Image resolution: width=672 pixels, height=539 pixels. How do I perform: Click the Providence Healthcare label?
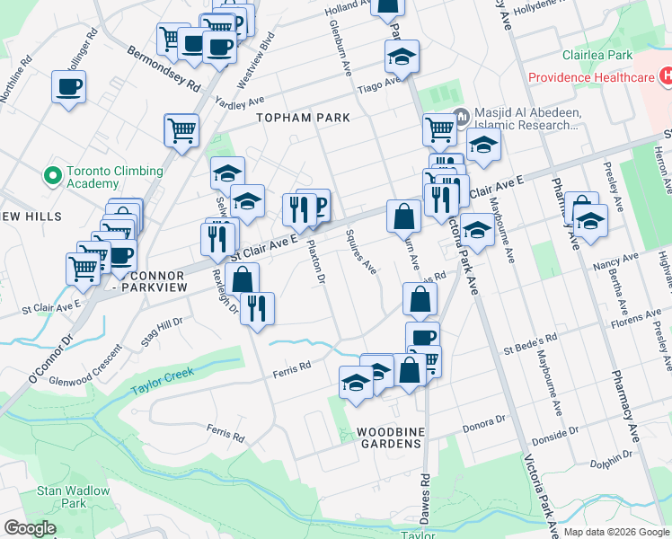(x=590, y=77)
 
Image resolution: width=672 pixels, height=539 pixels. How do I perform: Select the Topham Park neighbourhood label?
(x=289, y=118)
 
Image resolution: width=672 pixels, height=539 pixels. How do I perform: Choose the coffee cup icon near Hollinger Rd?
(x=69, y=87)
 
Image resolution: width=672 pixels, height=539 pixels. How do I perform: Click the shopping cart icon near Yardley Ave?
(x=181, y=129)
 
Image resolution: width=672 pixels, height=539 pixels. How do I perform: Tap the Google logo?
(x=30, y=528)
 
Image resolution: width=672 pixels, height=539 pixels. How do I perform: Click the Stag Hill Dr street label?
(x=162, y=331)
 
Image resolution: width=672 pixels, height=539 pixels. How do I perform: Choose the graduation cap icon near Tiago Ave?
(x=402, y=58)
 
